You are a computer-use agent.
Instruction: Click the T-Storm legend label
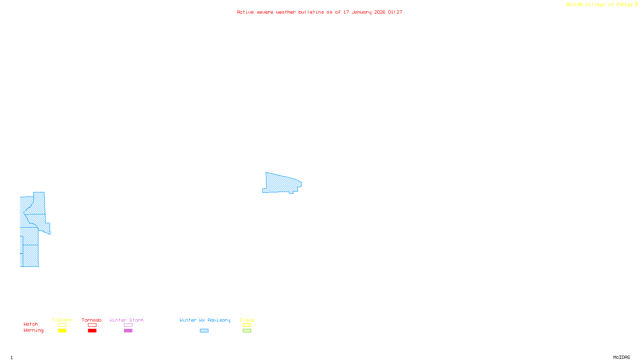pyautogui.click(x=62, y=320)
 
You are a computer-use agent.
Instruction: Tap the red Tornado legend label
pyautogui.click(x=92, y=320)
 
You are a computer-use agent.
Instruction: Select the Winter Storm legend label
pyautogui.click(x=126, y=320)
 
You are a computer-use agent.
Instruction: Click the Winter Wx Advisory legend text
pyautogui.click(x=205, y=320)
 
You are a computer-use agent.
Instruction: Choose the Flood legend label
pyautogui.click(x=247, y=320)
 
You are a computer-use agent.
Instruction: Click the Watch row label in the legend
pyautogui.click(x=31, y=324)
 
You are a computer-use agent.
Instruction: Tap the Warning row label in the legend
pyautogui.click(x=34, y=330)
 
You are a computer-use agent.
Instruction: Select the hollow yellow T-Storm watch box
pyautogui.click(x=62, y=325)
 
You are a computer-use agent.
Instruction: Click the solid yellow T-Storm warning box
pyautogui.click(x=62, y=331)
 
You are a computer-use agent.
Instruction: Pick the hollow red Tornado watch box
pyautogui.click(x=92, y=325)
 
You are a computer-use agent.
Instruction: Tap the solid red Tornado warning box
pyautogui.click(x=92, y=331)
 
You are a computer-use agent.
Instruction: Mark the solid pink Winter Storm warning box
pyautogui.click(x=128, y=331)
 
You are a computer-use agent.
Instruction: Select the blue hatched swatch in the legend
pyautogui.click(x=204, y=331)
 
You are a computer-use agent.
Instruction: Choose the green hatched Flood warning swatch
pyautogui.click(x=247, y=331)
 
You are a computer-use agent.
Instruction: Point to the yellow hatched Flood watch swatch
pyautogui.click(x=247, y=325)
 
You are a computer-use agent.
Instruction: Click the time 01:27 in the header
pyautogui.click(x=395, y=12)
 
